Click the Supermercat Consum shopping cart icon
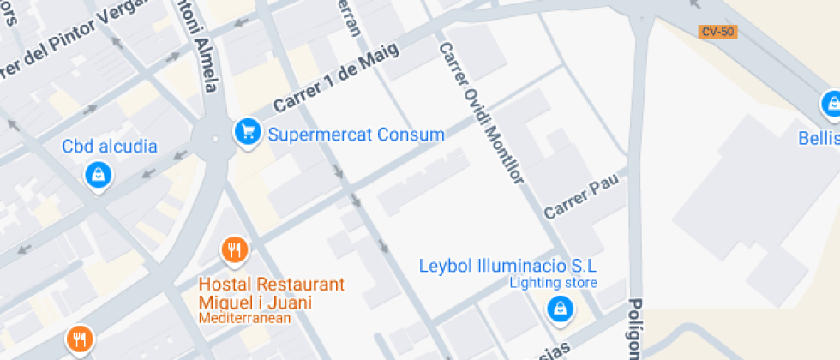pyautogui.click(x=248, y=132)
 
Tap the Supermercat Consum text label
pyautogui.click(x=356, y=135)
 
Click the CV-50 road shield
pyautogui.click(x=717, y=33)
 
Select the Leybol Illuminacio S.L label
pyautogui.click(x=507, y=265)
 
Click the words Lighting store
pyautogui.click(x=553, y=283)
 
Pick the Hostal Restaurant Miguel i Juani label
pyautogui.click(x=271, y=293)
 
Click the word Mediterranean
pyautogui.click(x=245, y=318)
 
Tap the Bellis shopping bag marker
pyautogui.click(x=831, y=104)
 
